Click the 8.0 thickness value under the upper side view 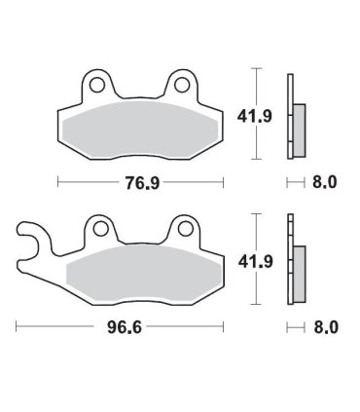pyautogui.click(x=325, y=182)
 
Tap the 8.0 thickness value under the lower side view pyautogui.click(x=325, y=329)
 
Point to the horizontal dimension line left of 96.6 pyautogui.click(x=58, y=329)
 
